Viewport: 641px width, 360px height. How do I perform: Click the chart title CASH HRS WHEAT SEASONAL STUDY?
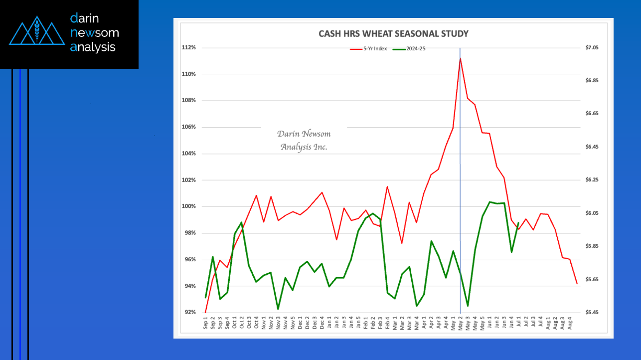[393, 34]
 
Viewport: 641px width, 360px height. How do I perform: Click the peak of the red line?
[460, 58]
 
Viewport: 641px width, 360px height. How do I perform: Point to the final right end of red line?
[577, 284]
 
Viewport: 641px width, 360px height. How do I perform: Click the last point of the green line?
[518, 223]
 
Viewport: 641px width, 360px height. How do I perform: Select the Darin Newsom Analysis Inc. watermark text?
[304, 140]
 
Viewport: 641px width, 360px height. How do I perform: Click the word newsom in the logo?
[95, 33]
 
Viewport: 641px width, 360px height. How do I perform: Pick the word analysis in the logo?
[93, 47]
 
